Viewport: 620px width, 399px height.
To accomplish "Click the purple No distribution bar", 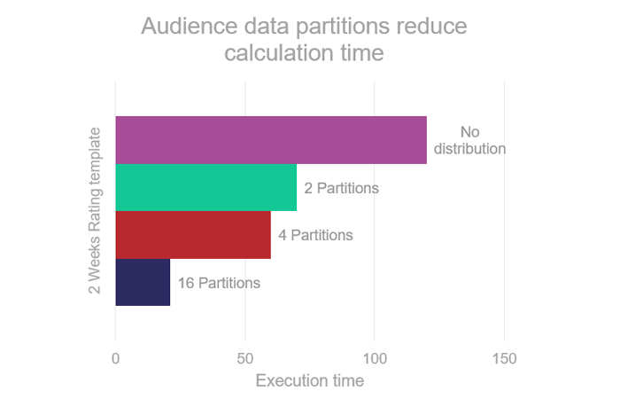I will (270, 140).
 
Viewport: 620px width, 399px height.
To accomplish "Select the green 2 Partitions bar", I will (205, 187).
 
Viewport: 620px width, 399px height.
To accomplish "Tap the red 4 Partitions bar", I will (192, 235).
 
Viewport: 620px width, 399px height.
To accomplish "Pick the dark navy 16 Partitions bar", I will (142, 282).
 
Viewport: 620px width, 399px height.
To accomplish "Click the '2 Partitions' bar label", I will (341, 188).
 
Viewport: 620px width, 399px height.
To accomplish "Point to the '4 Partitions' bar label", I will (315, 235).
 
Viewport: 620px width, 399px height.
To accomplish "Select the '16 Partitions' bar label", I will (219, 283).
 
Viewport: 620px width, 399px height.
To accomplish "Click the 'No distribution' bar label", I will (469, 140).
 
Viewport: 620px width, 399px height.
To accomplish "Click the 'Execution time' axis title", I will (309, 381).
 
